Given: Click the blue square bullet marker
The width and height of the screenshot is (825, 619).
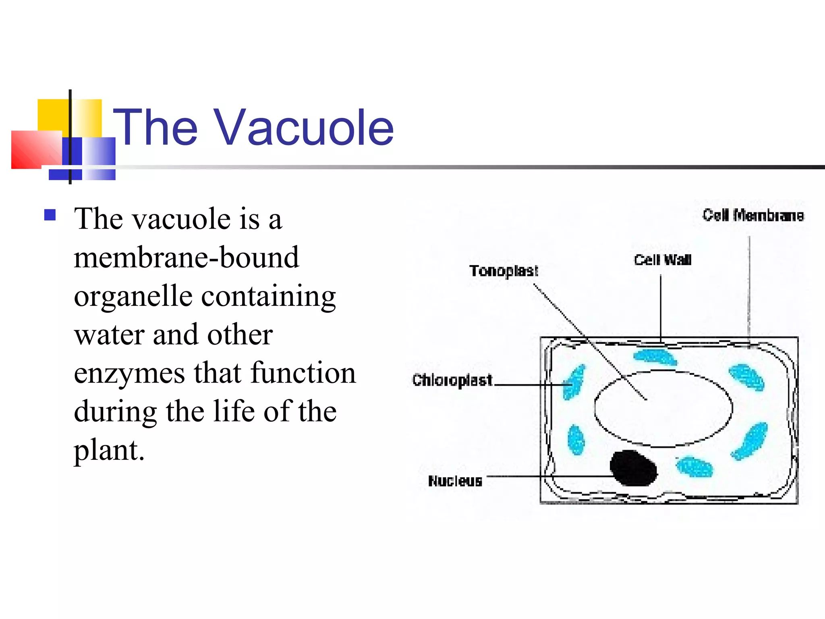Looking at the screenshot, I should pyautogui.click(x=50, y=215).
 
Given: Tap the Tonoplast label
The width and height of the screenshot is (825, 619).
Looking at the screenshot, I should pyautogui.click(x=504, y=271).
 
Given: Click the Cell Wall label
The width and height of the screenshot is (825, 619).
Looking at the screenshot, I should pyautogui.click(x=663, y=260).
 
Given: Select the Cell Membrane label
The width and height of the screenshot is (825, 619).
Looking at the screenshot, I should pyautogui.click(x=753, y=216).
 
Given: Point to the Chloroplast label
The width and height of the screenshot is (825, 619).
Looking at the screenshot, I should pyautogui.click(x=452, y=380).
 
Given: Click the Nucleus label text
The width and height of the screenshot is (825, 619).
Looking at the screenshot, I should pyautogui.click(x=455, y=481).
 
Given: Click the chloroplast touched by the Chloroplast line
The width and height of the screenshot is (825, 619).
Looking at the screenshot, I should pyautogui.click(x=574, y=382).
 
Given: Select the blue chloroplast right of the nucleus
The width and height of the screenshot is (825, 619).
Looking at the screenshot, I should pyautogui.click(x=694, y=467).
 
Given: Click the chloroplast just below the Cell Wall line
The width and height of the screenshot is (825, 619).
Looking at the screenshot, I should pyautogui.click(x=655, y=357).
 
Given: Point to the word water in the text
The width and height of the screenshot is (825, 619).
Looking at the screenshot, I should pyautogui.click(x=109, y=334).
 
